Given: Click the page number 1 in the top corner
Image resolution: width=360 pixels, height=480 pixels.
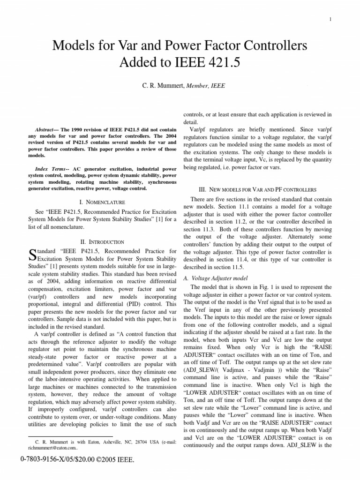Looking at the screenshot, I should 331,19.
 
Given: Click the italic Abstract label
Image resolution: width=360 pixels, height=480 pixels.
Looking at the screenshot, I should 46,129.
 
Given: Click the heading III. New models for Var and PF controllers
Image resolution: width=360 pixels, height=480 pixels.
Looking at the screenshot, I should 258,189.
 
